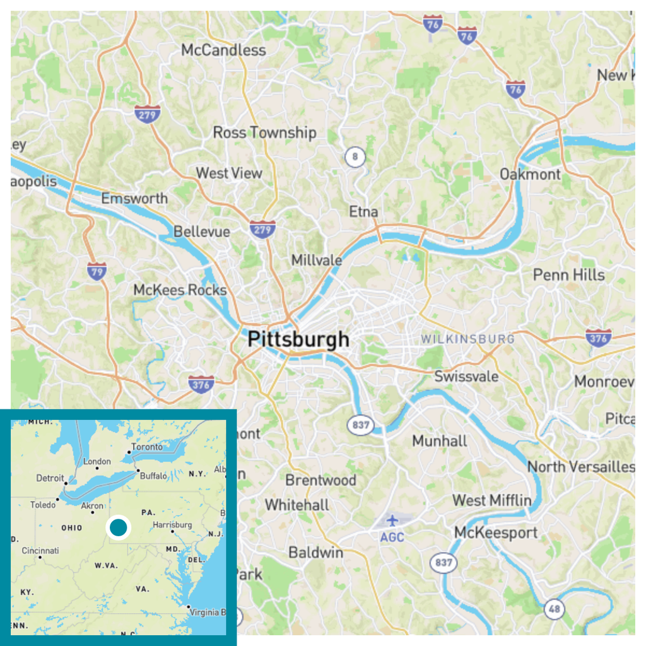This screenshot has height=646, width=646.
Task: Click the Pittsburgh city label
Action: point(298,339)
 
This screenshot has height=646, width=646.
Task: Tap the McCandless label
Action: point(223,50)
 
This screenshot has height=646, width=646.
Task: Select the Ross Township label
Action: point(264,132)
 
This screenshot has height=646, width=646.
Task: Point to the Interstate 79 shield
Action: point(97,271)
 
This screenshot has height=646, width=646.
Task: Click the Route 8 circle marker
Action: point(355,156)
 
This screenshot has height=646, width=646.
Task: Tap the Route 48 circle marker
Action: point(554,609)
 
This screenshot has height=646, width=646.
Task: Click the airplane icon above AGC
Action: point(393,521)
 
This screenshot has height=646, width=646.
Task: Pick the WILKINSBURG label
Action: point(467,339)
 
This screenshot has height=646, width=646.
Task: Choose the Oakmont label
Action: point(530,174)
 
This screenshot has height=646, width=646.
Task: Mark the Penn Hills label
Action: point(568,275)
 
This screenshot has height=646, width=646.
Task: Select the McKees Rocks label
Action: point(180,290)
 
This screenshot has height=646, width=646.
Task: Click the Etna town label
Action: point(363,211)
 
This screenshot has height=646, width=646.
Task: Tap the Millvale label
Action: point(317,260)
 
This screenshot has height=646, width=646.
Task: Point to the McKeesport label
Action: point(496,532)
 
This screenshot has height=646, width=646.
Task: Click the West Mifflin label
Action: point(491,500)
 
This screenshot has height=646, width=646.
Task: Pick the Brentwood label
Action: point(320,480)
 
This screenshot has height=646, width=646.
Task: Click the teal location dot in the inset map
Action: point(118,527)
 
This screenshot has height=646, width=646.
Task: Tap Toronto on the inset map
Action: point(146,447)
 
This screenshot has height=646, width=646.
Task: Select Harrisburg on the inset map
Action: point(172,525)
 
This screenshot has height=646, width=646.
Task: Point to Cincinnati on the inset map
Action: point(40,551)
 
